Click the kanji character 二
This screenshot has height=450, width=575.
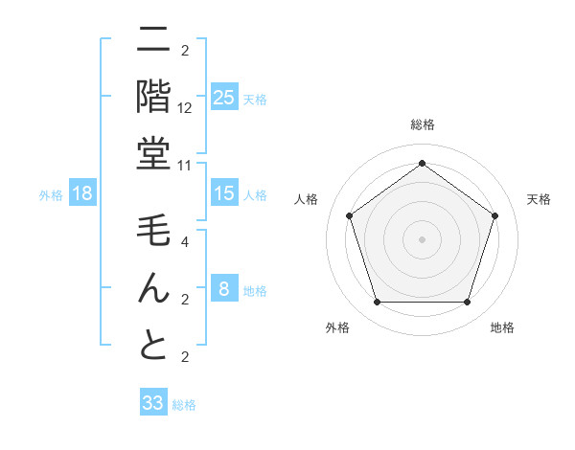[x=153, y=41]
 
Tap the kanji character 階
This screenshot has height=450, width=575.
[x=153, y=97]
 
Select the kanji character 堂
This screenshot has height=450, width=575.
[x=153, y=154]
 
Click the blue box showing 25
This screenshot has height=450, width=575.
[x=223, y=98]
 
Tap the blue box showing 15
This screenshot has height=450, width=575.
[x=223, y=193]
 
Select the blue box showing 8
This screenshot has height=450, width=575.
[x=223, y=289]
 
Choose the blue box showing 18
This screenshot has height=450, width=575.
[x=82, y=193]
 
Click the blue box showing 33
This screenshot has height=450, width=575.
[x=152, y=403]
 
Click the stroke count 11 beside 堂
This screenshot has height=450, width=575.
[x=186, y=164]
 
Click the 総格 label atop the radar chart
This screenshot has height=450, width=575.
[x=423, y=124]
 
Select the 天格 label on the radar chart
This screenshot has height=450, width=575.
[x=539, y=199]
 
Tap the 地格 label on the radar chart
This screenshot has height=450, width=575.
[x=502, y=327]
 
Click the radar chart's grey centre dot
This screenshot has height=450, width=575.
[x=422, y=238]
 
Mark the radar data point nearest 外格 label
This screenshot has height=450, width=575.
[x=377, y=303]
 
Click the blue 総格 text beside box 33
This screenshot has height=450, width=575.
[x=184, y=405]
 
